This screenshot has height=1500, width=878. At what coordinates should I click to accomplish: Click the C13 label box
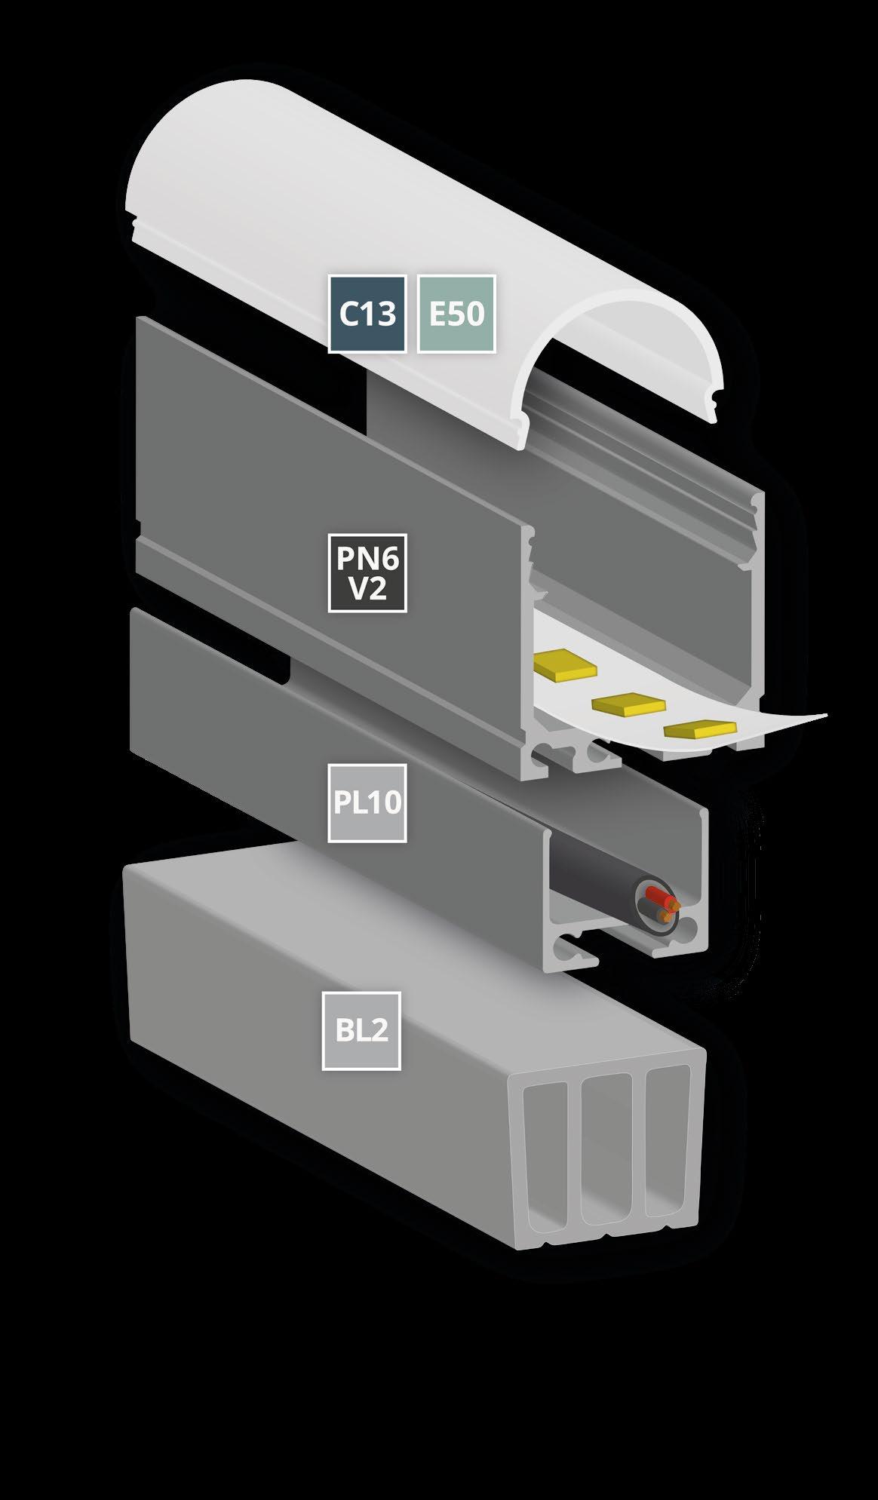coord(367,314)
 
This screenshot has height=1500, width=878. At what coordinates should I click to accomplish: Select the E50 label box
coord(456,314)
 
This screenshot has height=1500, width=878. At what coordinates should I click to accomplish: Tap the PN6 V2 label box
coord(367,572)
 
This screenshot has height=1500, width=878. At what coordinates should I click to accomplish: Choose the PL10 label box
coord(367,802)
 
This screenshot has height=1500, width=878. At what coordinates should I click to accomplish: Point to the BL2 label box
coord(361,1030)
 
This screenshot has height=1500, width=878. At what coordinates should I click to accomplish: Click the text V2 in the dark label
coord(367,589)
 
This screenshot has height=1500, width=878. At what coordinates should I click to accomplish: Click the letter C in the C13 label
coord(348,314)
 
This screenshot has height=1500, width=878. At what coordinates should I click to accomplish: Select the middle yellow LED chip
coord(629,704)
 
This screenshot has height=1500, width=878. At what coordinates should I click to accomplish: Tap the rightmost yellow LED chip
coord(700,729)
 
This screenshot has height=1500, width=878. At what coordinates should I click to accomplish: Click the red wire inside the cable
coord(660,900)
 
